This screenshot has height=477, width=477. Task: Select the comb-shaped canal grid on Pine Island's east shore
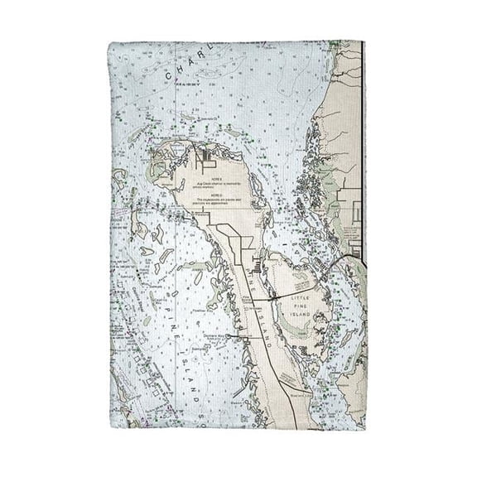point(259,268)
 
